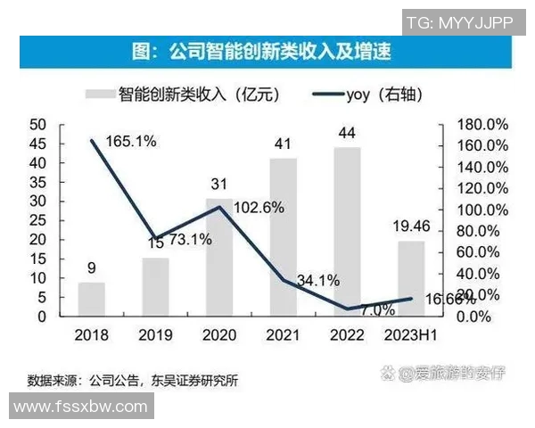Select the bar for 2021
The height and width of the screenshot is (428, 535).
[x=284, y=236]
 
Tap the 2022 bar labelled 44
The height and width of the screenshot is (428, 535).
[x=349, y=231]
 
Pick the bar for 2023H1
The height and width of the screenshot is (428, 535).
[x=411, y=278]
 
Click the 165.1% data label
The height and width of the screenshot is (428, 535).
[x=130, y=141]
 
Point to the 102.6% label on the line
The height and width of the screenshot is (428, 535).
[x=259, y=207]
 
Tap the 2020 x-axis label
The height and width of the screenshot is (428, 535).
[x=218, y=334]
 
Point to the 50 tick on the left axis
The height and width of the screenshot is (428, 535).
[x=37, y=124]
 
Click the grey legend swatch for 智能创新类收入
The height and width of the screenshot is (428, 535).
[x=99, y=93]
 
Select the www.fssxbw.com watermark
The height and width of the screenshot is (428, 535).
[x=80, y=407]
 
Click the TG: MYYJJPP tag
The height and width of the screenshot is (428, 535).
[x=459, y=22]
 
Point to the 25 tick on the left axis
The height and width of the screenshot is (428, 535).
[x=37, y=220]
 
